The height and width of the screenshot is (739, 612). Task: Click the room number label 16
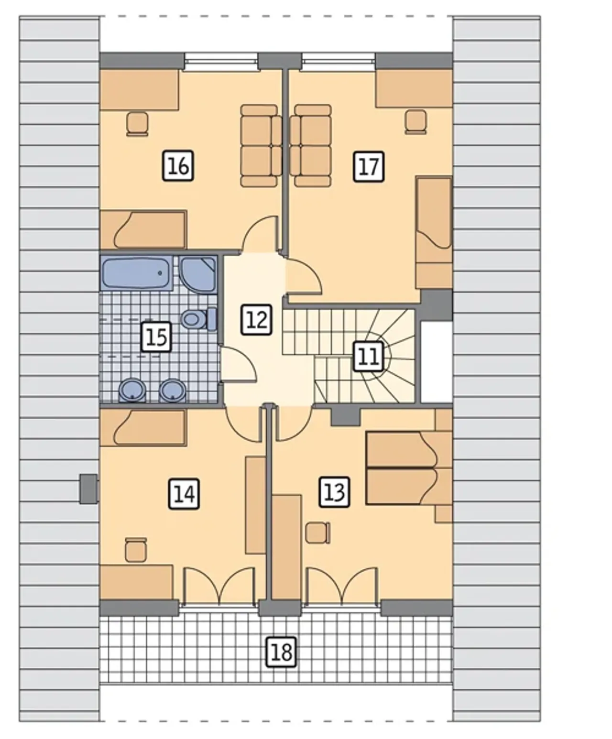click(x=178, y=166)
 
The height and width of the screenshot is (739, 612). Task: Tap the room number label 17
click(x=369, y=167)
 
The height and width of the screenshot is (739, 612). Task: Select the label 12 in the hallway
click(x=257, y=320)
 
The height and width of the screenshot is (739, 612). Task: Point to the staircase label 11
click(x=369, y=357)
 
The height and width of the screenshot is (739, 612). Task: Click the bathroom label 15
click(x=156, y=337)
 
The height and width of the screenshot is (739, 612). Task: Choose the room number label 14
click(x=184, y=494)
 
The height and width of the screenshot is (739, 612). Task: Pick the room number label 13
click(x=335, y=492)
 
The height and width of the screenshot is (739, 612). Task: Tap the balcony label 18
click(x=282, y=652)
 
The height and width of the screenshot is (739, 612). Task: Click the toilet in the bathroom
click(x=199, y=319)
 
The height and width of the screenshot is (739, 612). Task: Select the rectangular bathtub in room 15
click(x=136, y=273)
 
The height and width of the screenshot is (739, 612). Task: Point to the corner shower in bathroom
click(x=198, y=275)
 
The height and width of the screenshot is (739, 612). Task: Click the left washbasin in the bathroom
click(x=132, y=391)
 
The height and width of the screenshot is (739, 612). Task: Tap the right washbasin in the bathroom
click(x=173, y=391)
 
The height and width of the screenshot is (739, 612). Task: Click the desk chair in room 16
click(x=137, y=124)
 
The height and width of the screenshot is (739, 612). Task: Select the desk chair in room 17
click(x=416, y=122)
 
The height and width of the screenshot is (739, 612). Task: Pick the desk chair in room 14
click(x=136, y=550)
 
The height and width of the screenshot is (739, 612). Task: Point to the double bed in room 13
click(x=409, y=467)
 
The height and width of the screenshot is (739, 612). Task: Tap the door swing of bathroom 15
click(x=238, y=364)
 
